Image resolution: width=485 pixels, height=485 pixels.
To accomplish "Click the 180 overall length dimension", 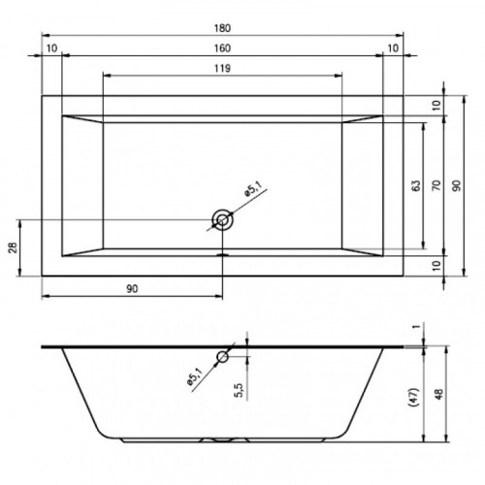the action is click(x=222, y=28).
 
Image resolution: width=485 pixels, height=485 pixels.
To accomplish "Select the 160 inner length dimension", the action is click(x=222, y=48).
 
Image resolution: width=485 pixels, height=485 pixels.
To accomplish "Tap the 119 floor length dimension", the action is click(x=222, y=69).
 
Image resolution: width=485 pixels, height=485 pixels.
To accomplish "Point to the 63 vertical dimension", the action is click(x=417, y=186).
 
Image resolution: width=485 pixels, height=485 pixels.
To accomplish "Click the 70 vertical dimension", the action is click(x=436, y=185).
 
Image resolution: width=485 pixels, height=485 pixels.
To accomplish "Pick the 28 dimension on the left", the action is click(x=15, y=247).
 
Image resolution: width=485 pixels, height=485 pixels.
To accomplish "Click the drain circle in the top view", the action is click(x=222, y=220).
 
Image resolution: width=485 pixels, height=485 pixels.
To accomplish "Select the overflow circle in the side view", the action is click(x=222, y=357).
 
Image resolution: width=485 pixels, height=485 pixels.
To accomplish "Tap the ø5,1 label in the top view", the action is click(x=253, y=189).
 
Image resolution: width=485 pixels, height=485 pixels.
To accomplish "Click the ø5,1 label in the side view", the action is click(x=194, y=377).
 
